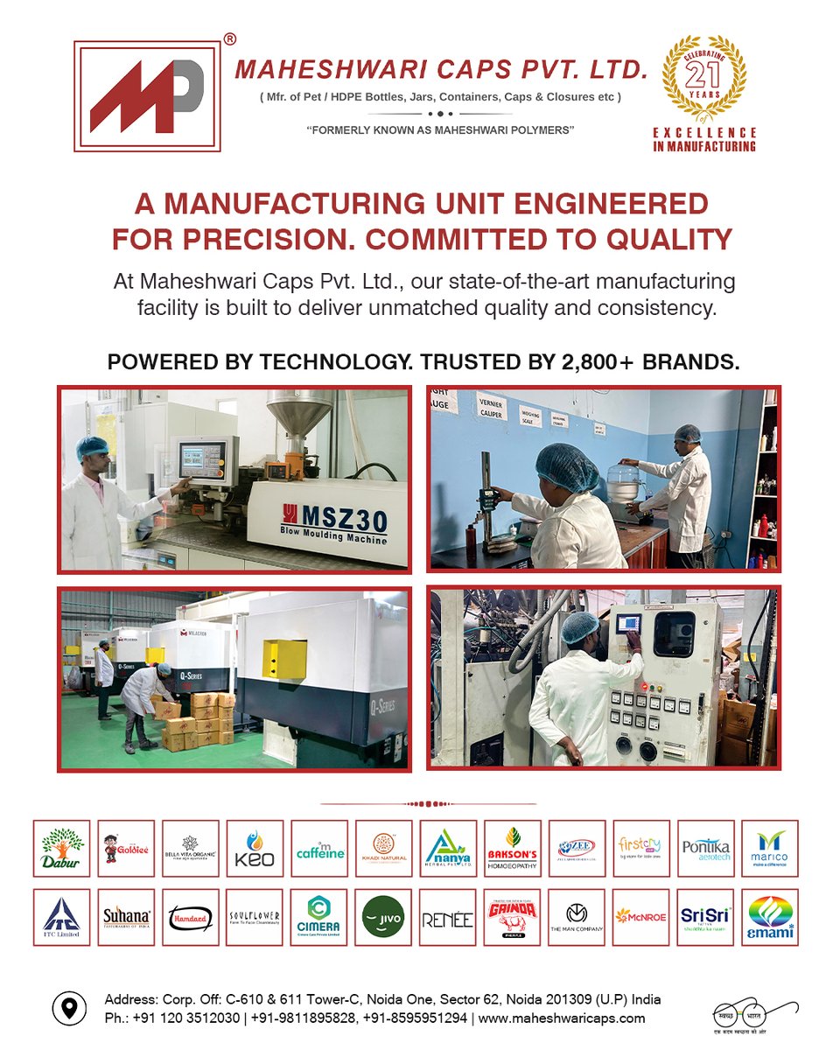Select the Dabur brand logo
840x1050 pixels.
click(61, 848)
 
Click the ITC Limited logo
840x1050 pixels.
click(61, 917)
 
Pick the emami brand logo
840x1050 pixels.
click(770, 917)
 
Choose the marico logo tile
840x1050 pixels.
click(770, 848)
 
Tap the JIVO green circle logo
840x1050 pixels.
click(383, 917)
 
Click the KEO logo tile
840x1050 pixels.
click(255, 848)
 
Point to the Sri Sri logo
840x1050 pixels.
click(705, 917)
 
